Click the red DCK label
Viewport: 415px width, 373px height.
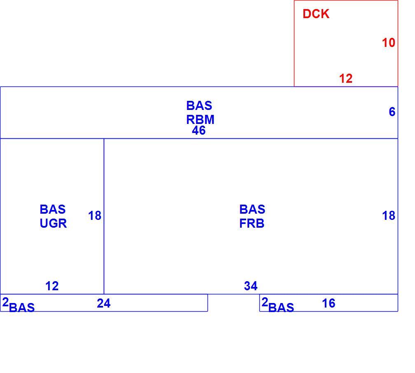coord(316,14)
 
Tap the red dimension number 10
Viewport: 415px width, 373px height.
coord(388,43)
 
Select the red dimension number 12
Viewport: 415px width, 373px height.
coord(346,79)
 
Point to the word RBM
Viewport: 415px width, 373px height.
coord(200,120)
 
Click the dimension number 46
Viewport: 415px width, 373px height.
coord(198,130)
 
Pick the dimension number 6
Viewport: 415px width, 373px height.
coord(392,112)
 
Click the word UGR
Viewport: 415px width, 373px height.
coord(53,224)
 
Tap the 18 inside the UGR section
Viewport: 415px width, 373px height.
coord(95,215)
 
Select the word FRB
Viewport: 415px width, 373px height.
coord(252,224)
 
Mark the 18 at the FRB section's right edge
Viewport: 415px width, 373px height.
coord(389,215)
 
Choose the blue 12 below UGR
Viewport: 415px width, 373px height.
coord(52,286)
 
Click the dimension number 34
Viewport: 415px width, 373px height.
coord(251,286)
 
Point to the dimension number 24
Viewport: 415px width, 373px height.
coord(103,303)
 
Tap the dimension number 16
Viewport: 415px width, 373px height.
coord(329,303)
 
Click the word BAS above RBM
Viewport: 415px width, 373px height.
coord(199,106)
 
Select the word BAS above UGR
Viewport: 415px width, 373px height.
coord(52,210)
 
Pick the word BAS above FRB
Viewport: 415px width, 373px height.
coord(252,210)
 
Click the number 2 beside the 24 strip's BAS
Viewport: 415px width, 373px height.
coord(5,302)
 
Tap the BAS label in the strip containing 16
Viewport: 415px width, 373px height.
coord(281,308)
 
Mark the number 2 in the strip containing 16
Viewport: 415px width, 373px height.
coord(265,302)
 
